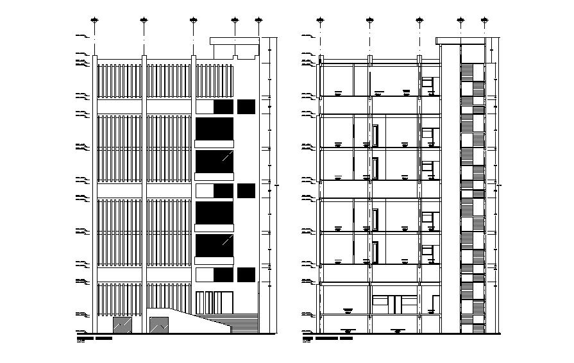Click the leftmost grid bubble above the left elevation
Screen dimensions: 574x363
pos(95,21)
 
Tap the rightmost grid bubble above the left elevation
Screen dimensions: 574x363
pos(258,21)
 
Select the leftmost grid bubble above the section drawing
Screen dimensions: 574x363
pos(320,21)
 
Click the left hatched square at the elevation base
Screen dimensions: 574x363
pos(122,325)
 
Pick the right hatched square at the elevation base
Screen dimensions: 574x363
pos(158,325)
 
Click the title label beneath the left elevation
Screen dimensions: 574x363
pos(94,337)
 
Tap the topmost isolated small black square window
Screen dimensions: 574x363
pos(246,107)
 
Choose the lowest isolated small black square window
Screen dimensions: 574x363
pos(246,276)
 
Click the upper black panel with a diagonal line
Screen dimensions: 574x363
pos(214,161)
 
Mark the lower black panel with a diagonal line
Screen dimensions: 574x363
pos(214,245)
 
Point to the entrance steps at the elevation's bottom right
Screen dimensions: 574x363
pos(244,326)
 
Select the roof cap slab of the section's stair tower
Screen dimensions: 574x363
pos(459,41)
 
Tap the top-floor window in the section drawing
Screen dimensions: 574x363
pos(428,83)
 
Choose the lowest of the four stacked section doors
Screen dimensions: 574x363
pos(376,252)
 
